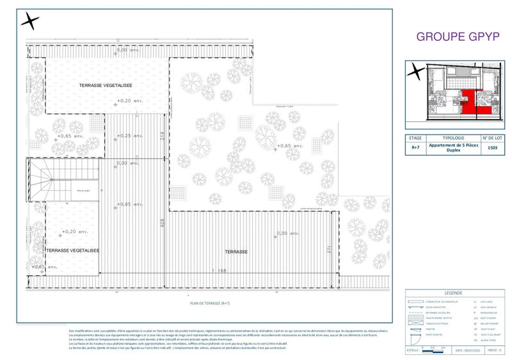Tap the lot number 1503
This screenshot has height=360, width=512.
tap(493, 147)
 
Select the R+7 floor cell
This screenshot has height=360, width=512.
tap(415, 147)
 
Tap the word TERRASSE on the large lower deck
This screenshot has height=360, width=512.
tap(236, 252)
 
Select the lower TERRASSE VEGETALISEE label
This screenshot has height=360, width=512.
tap(72, 251)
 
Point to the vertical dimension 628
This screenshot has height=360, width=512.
tap(163, 223)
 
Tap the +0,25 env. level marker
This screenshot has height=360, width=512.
tap(128, 136)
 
